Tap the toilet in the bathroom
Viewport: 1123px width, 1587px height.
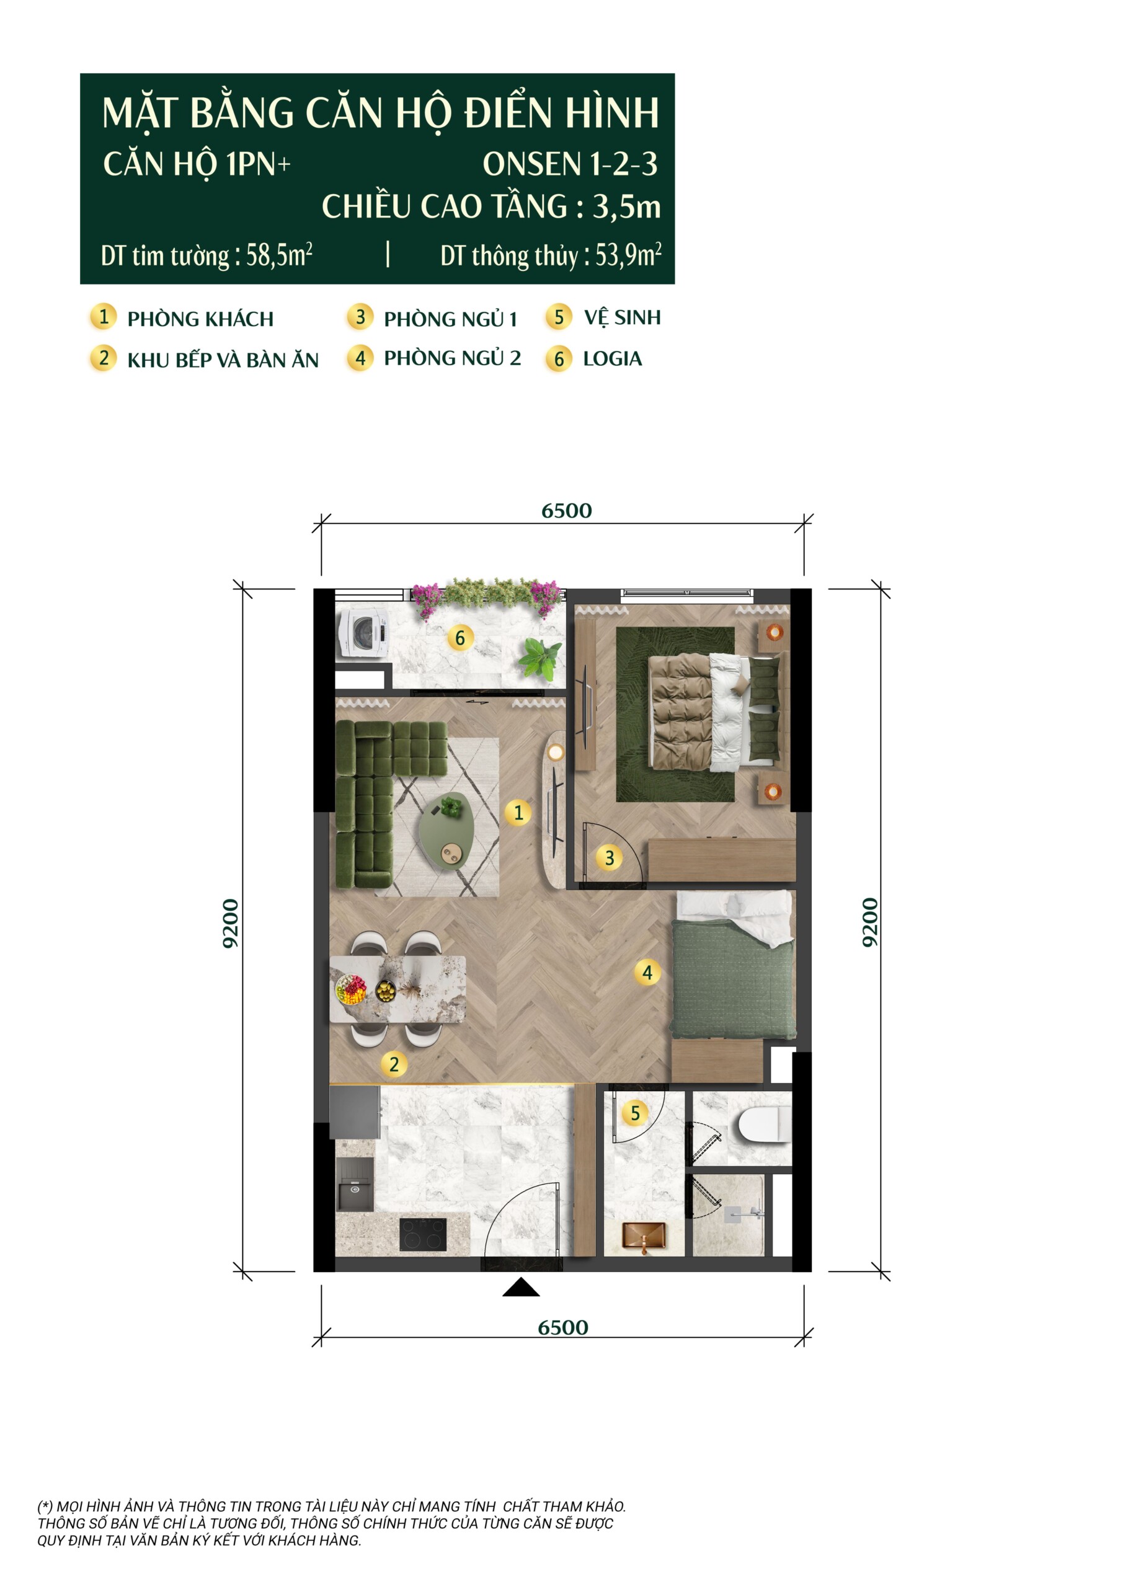click(764, 1123)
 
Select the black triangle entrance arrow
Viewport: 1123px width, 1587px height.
click(521, 1287)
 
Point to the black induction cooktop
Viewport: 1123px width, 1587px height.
click(422, 1234)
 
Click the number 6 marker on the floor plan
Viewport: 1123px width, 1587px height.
click(460, 637)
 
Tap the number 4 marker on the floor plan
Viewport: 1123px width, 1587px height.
click(647, 973)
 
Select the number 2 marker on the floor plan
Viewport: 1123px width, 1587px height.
click(394, 1064)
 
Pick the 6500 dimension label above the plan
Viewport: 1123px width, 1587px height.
click(566, 511)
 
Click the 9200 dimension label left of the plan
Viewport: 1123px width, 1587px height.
click(230, 923)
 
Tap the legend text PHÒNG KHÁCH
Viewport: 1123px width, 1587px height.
click(200, 319)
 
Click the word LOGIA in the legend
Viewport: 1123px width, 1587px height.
click(612, 359)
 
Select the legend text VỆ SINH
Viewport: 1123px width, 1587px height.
click(623, 317)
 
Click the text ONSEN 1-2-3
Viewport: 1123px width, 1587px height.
click(570, 164)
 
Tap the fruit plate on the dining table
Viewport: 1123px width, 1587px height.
click(350, 989)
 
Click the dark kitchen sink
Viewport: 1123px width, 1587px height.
click(354, 1183)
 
